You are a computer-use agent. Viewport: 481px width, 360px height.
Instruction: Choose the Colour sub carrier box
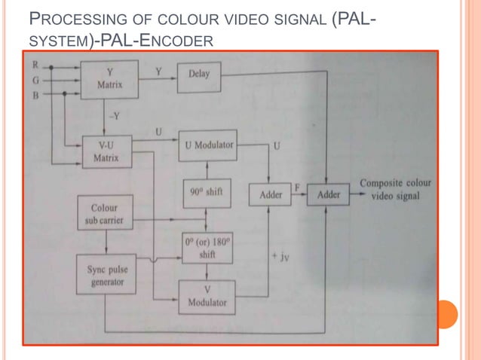105,214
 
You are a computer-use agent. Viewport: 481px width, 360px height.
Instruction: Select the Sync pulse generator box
105,275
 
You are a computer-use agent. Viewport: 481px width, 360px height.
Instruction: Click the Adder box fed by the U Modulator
271,194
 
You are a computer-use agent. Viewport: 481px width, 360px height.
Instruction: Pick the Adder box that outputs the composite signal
329,194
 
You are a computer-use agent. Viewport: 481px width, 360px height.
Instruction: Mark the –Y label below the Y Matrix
114,116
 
